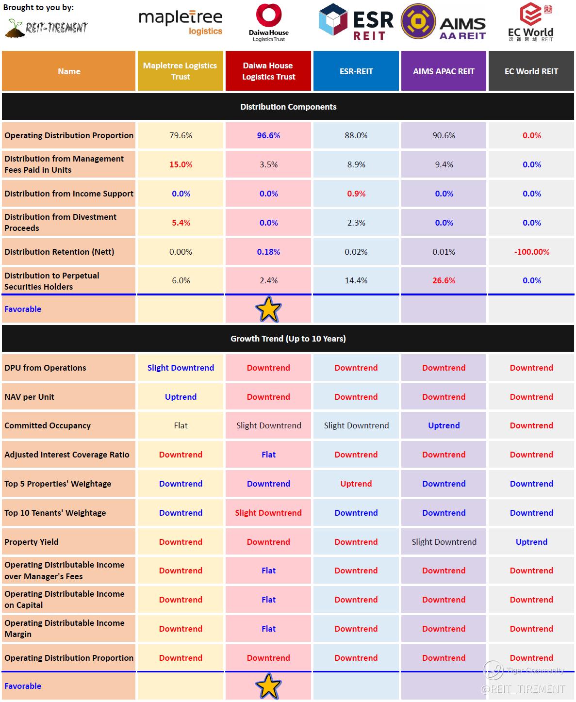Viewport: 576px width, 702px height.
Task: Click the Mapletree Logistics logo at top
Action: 181,23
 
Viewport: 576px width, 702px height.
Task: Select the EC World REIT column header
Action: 531,71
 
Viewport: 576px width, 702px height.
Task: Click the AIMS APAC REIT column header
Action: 444,71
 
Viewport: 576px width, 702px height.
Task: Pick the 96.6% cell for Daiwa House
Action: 268,135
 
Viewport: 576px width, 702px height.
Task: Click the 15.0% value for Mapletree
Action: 181,164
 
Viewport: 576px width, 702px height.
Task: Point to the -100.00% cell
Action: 532,252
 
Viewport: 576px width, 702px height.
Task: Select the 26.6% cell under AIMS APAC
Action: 444,280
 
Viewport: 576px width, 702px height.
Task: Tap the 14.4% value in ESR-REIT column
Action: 356,280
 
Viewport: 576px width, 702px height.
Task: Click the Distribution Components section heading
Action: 288,107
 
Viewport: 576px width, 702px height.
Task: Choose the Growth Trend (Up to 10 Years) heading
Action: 288,339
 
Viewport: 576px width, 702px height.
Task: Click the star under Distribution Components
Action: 268,310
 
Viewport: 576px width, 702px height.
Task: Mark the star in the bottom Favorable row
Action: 268,686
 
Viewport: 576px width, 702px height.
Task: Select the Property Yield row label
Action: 32,542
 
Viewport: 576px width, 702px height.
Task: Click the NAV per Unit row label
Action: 30,397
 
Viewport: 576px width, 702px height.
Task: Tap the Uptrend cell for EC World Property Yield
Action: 531,542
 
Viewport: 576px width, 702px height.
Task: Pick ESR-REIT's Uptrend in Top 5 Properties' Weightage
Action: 356,484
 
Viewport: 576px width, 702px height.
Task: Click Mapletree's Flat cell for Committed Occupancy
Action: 181,425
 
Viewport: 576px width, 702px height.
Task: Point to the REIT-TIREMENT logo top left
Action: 47,27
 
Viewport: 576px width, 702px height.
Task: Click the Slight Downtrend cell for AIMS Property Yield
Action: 444,542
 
